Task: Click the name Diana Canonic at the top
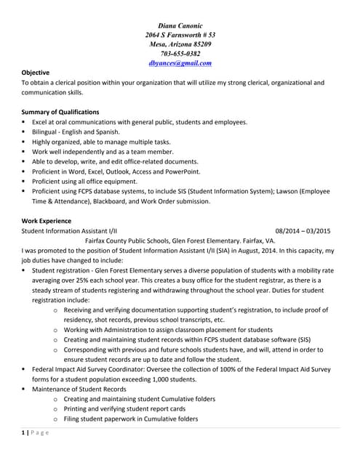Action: pos(180,25)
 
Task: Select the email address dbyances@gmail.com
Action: pos(180,63)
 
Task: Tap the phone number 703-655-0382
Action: pos(180,54)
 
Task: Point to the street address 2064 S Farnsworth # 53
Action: pos(180,35)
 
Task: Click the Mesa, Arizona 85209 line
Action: pos(180,44)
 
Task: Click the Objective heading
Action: pos(36,73)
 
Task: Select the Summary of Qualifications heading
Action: pos(60,112)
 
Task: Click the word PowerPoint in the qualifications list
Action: pos(182,171)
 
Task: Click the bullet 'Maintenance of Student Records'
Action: pos(79,389)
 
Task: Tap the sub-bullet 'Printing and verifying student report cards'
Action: pos(125,408)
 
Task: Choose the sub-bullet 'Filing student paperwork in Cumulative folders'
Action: pos(130,418)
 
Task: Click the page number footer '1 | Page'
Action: pos(35,434)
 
